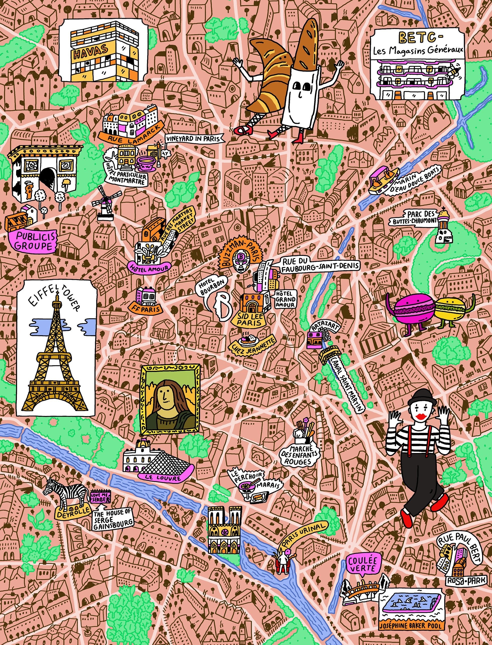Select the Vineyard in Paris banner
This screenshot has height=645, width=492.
[x=193, y=139]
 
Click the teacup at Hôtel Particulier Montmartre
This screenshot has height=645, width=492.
[x=145, y=163]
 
